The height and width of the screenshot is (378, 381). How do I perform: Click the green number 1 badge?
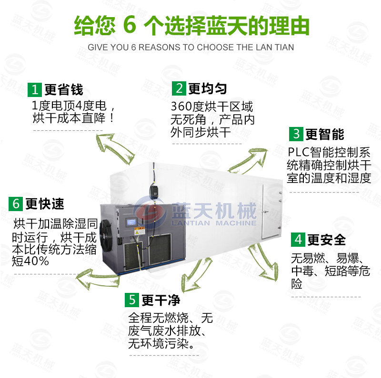[35, 89]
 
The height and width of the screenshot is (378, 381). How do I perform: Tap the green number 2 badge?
[179, 88]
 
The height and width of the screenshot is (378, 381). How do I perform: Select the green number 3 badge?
[296, 134]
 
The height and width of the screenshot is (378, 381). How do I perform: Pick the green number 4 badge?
[298, 240]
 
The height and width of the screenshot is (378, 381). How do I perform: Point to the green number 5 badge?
[132, 300]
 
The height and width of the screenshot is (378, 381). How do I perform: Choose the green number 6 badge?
[16, 204]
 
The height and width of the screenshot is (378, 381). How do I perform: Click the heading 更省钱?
[64, 90]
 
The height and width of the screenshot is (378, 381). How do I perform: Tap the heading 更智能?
[325, 134]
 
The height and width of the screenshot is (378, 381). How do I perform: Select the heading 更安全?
[327, 240]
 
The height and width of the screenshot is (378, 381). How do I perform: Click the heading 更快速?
[45, 204]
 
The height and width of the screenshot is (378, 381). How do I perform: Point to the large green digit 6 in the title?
[130, 25]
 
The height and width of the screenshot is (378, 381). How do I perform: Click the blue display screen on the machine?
[131, 222]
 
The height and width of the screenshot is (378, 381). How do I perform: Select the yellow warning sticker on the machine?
[140, 231]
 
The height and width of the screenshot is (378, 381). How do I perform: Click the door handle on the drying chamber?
[265, 212]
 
